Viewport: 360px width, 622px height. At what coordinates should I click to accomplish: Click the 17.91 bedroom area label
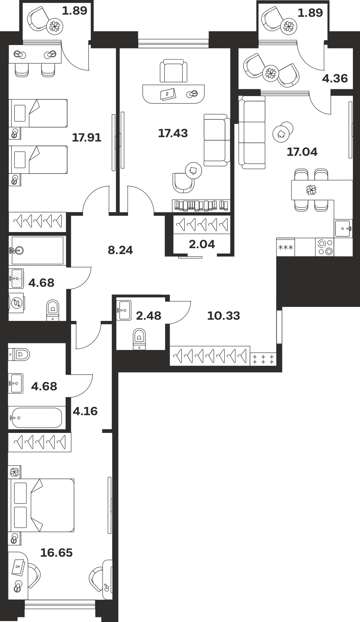point(87,137)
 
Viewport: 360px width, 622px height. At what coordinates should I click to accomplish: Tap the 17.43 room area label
point(173,133)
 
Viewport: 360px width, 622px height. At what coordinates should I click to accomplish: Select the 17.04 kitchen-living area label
point(302,152)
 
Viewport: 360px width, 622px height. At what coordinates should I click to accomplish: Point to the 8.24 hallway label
point(120,250)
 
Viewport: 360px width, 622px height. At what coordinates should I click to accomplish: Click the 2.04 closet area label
point(202,244)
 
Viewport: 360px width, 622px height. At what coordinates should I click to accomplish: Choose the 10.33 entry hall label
point(224,316)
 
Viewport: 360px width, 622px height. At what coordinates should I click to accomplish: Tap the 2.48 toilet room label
point(149,316)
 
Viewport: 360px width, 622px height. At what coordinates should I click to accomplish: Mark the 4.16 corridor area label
point(85,411)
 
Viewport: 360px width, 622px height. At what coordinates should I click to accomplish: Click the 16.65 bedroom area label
point(56,553)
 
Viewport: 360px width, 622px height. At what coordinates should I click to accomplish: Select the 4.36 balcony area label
point(335,78)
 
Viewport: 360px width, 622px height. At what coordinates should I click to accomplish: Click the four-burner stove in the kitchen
point(325,247)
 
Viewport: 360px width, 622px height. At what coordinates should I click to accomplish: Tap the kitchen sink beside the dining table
point(343,229)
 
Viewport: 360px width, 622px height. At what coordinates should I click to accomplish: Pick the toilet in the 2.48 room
point(139,339)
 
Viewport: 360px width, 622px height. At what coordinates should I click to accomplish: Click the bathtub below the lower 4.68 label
point(37,418)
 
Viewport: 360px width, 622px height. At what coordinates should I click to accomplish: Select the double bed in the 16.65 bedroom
point(42,505)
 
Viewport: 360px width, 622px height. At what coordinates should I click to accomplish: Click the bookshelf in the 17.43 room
point(201,206)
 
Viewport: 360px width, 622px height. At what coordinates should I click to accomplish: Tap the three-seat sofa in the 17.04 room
point(252,132)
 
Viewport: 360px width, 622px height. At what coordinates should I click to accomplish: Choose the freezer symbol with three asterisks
point(286,248)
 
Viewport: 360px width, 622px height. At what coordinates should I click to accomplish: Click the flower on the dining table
point(311,190)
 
